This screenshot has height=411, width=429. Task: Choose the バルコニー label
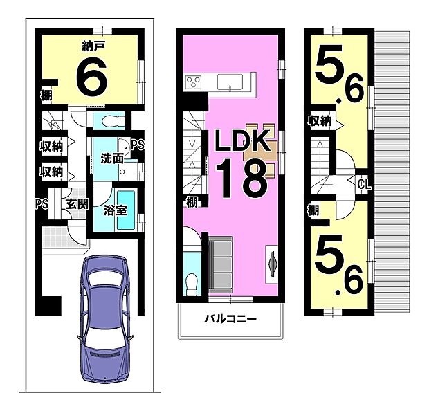[230, 320]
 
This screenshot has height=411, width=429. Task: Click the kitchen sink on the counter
[228, 82]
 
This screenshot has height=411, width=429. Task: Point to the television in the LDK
[271, 264]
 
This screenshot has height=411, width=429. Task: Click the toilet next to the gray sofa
[192, 282]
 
